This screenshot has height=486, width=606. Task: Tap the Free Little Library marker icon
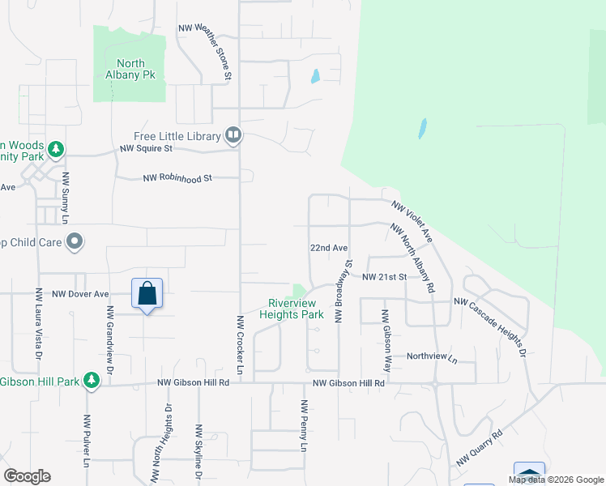tap(233, 134)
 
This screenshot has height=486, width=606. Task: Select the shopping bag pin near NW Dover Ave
tap(147, 293)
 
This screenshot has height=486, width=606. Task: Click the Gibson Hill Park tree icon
tap(92, 381)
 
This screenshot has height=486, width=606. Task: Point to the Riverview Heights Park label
tap(291, 309)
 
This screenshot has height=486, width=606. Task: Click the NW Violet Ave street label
tap(412, 221)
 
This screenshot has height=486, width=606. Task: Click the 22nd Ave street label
tap(328, 248)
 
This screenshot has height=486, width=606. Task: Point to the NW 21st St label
tap(384, 277)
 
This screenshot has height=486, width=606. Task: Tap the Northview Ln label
tap(432, 356)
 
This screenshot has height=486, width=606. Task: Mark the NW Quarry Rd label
tap(480, 448)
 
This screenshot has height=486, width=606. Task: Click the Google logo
tap(27, 476)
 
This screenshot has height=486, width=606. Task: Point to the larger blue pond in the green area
tap(421, 129)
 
